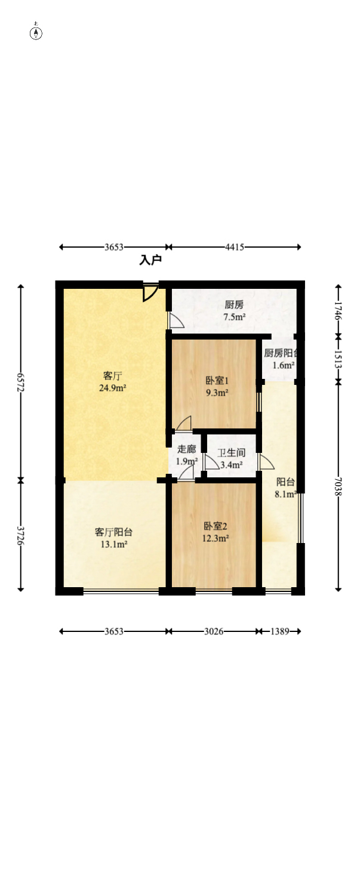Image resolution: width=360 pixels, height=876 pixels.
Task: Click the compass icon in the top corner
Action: (x=36, y=33)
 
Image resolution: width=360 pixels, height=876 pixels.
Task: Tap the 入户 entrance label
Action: (x=151, y=260)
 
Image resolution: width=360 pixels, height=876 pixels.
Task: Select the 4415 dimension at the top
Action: (x=234, y=247)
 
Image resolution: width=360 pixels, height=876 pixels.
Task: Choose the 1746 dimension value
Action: (x=338, y=311)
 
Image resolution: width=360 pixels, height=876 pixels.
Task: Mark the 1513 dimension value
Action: (x=338, y=359)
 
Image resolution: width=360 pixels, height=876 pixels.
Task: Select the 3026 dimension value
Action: (x=214, y=631)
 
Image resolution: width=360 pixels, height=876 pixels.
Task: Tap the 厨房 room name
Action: (x=234, y=305)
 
